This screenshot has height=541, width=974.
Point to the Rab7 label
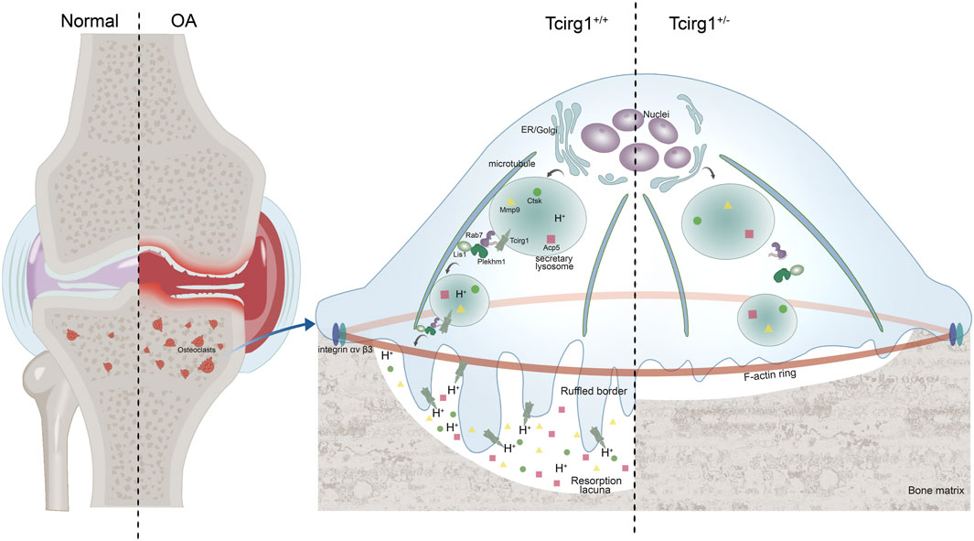(474, 234)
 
